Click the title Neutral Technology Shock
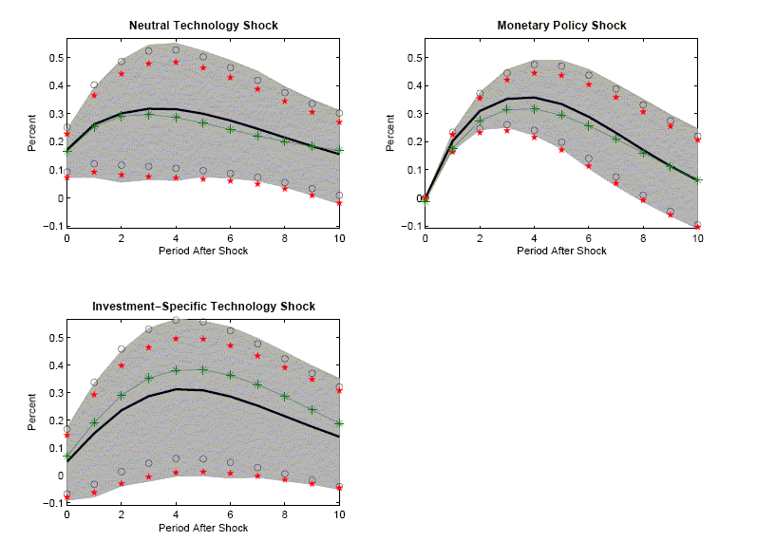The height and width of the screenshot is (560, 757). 202,26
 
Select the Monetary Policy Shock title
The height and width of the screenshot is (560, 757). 561,26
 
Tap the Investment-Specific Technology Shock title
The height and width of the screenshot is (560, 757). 203,307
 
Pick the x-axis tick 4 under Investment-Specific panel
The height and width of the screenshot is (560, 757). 175,513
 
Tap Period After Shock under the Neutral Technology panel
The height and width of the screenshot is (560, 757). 202,252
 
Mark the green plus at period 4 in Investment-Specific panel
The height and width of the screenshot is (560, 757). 175,370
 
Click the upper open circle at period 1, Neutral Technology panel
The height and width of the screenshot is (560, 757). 93,85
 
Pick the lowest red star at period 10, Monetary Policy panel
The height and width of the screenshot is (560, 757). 697,227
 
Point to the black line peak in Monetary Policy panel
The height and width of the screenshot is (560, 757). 534,97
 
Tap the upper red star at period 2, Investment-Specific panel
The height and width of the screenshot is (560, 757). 121,365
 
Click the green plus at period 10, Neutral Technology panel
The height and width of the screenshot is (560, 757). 339,150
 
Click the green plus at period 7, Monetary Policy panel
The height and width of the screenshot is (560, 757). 615,139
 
